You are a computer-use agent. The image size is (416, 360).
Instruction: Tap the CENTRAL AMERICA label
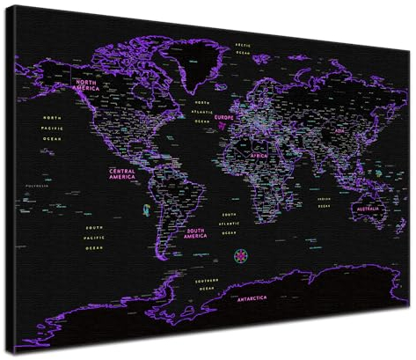point(122,173)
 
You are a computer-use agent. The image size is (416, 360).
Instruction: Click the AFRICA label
point(259,155)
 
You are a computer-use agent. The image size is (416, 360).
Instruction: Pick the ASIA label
point(339,130)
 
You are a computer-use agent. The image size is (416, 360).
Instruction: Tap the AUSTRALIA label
point(366,209)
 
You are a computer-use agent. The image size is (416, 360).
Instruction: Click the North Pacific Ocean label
point(54,129)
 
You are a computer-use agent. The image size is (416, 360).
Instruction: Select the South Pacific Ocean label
point(94,237)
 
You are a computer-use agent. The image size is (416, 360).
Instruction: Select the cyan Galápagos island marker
point(146,209)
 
